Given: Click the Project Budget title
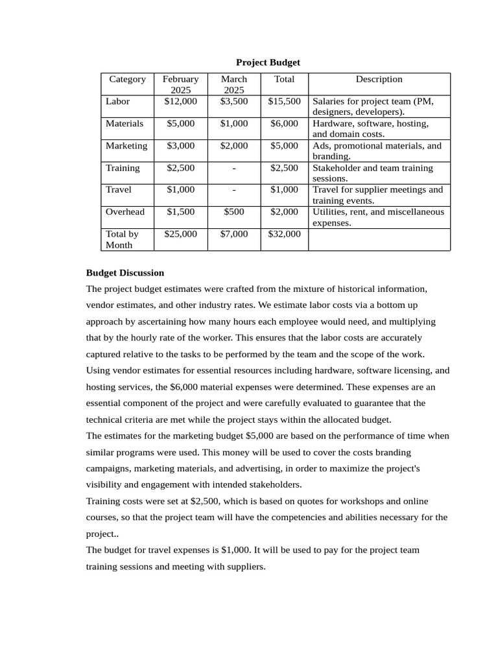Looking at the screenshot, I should pos(268,63).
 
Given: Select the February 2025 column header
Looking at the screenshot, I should pos(180,84).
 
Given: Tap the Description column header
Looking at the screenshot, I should pos(379,79).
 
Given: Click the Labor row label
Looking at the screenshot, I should pos(118,101).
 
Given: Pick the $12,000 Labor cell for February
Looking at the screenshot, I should pos(180,101).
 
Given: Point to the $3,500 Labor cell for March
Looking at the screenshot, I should pos(233,101).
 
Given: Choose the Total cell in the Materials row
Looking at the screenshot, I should pos(284,123).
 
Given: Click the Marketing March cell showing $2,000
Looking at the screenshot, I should pos(233,145).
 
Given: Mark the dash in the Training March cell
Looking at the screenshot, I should pos(233,168).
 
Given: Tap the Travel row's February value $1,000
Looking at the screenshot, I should pos(180,189).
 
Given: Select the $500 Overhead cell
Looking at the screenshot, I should pos(233,211).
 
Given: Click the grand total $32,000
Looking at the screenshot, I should pos(284,233).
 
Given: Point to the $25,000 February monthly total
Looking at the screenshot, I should pos(180,233).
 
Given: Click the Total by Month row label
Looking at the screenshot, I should pos(122,239).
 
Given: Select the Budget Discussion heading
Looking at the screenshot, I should pos(125,273).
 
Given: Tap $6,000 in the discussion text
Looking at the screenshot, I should pos(183,386).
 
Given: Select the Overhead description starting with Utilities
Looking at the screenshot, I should pos(378,217).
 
